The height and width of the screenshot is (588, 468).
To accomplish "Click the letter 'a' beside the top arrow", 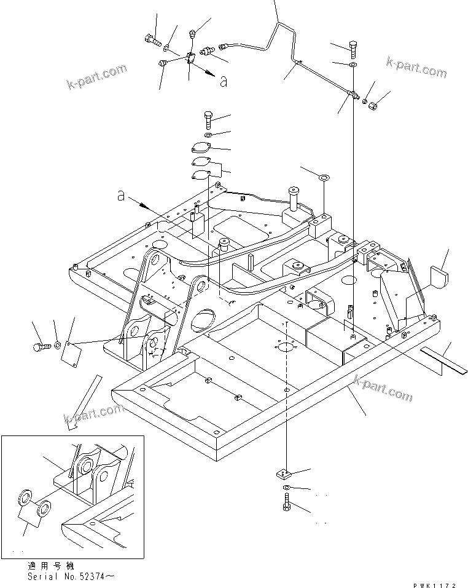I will click(223, 81).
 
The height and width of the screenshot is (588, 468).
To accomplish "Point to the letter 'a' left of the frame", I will click(122, 196).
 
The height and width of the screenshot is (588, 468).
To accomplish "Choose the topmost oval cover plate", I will click(202, 148).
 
